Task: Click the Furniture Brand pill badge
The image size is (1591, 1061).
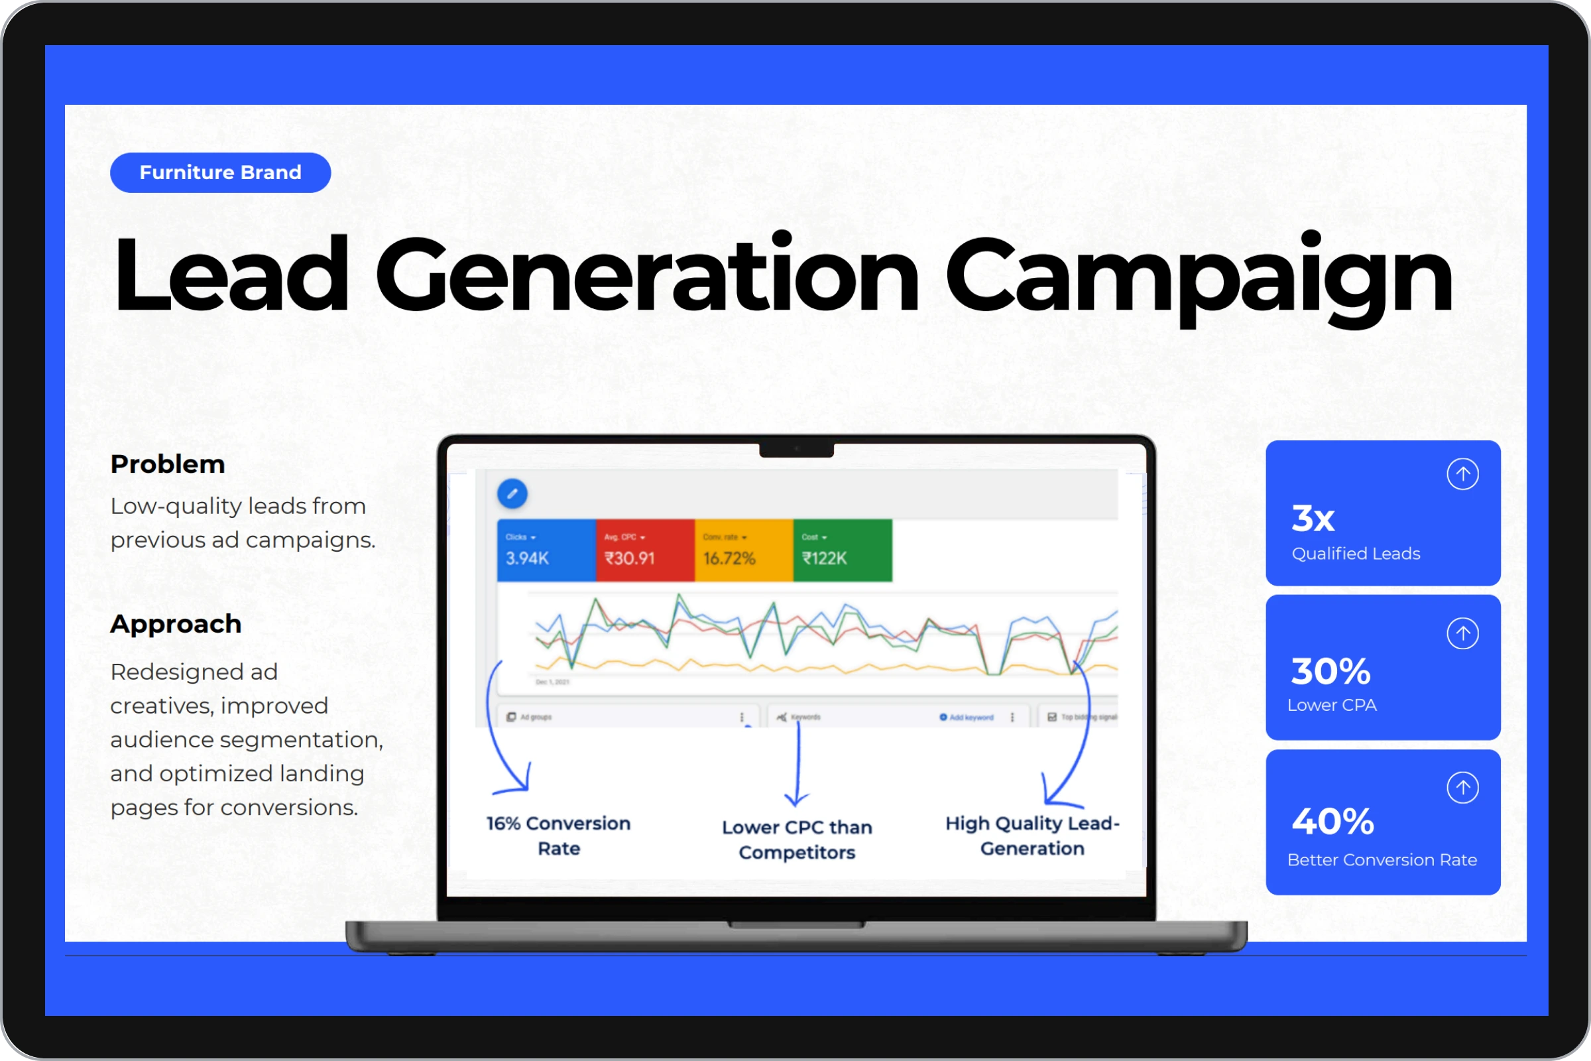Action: (220, 172)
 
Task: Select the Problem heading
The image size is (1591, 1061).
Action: (167, 464)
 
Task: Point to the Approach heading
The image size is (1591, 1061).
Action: (175, 624)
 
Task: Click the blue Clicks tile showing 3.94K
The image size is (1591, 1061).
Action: (546, 550)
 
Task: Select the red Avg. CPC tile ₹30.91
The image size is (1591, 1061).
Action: (644, 550)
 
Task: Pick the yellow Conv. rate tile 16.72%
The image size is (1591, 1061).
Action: (743, 550)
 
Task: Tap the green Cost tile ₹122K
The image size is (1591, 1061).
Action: (842, 550)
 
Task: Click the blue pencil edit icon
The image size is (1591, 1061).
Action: (512, 493)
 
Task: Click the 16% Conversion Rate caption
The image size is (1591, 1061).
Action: (558, 836)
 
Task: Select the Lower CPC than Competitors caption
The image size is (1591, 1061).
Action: (797, 839)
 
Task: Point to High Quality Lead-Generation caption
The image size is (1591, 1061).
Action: (1032, 836)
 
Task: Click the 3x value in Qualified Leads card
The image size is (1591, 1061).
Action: (1313, 519)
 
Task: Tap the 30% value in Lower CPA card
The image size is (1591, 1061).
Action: (1330, 671)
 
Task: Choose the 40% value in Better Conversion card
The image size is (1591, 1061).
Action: (1332, 822)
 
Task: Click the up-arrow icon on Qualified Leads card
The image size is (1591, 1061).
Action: (1462, 473)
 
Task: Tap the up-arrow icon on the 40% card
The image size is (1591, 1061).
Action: (1462, 788)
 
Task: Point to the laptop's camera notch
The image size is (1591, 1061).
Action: (796, 450)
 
